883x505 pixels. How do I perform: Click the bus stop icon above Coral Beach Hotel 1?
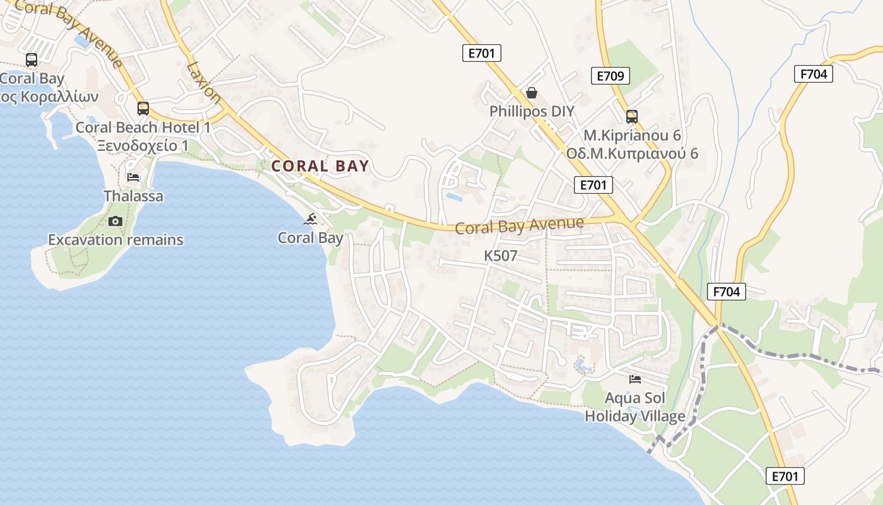143,108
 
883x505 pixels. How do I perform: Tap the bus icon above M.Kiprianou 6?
631,116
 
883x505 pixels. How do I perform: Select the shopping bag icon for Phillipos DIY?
532,93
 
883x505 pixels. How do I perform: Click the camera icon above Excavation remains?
115,221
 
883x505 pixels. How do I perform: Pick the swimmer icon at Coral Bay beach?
310,219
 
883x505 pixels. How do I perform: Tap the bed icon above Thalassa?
133,177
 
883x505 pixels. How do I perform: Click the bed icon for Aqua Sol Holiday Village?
635,379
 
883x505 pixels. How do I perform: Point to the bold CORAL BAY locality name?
320,166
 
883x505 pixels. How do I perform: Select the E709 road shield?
611,76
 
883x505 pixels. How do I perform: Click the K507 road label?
500,256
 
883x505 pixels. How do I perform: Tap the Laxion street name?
204,82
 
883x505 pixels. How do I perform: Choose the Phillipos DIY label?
532,112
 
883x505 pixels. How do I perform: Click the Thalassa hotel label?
133,196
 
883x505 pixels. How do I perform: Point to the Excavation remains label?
115,240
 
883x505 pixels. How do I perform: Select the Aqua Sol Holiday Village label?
634,407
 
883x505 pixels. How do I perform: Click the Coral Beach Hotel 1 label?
143,127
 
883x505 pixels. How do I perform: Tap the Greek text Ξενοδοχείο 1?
143,146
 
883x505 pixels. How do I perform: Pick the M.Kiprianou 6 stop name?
631,135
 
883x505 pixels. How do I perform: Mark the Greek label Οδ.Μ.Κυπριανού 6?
631,153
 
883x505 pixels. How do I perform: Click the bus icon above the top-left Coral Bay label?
31,60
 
